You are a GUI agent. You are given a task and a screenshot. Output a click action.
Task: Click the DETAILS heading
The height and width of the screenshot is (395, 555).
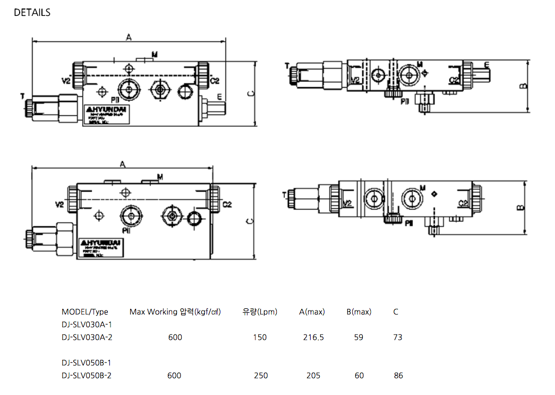[x=32, y=12]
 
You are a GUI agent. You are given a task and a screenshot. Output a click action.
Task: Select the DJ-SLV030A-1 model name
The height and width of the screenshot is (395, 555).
[x=87, y=324]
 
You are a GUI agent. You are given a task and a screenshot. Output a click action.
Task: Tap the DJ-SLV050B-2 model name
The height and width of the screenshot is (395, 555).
[x=87, y=375]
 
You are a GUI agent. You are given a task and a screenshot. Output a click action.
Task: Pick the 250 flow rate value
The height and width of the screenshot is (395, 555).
[x=260, y=375]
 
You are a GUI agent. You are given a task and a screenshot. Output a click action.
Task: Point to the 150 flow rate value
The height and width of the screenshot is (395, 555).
[x=260, y=337]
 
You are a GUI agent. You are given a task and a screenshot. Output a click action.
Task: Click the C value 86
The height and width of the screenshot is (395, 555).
[x=398, y=375]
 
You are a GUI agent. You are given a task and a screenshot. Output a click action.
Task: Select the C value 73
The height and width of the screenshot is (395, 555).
[x=398, y=337]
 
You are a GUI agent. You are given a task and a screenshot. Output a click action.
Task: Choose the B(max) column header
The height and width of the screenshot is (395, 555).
[x=359, y=312]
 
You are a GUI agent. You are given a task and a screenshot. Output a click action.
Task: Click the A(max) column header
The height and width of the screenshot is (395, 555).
[x=312, y=312]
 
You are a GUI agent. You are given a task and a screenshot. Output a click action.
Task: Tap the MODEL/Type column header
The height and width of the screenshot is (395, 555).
[x=85, y=312]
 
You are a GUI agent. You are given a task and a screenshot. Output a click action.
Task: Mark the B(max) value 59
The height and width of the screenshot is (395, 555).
[x=358, y=337]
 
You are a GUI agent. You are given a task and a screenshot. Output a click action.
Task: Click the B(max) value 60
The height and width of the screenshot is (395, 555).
[x=359, y=375]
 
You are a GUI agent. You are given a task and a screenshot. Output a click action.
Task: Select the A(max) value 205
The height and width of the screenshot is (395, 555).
[x=313, y=375]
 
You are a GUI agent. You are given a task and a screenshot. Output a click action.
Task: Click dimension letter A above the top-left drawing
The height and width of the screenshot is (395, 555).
[x=128, y=37]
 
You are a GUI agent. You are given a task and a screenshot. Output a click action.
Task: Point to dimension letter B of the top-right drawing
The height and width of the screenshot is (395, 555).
[x=523, y=85]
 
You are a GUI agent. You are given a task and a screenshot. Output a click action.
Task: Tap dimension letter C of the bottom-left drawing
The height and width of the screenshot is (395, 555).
[x=250, y=221]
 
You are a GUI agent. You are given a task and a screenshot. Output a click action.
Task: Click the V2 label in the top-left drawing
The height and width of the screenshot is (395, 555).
[x=66, y=81]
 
